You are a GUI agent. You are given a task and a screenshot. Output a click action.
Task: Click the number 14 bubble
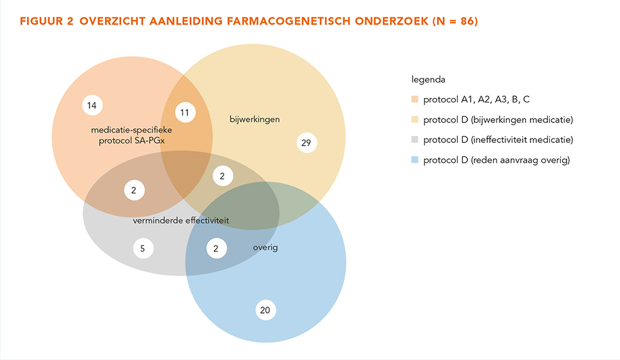click(x=92, y=105)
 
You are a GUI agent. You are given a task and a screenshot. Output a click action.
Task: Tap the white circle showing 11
click(x=185, y=112)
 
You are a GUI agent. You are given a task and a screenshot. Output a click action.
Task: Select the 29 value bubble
click(x=306, y=142)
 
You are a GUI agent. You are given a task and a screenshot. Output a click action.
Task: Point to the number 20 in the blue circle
click(x=265, y=310)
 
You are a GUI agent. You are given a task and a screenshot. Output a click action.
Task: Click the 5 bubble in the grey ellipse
click(x=143, y=249)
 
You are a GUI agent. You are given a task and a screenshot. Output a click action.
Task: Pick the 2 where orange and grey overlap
click(x=134, y=190)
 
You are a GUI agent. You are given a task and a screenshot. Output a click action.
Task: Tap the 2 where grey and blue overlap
click(x=216, y=249)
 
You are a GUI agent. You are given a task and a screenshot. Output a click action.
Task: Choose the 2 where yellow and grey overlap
click(x=223, y=176)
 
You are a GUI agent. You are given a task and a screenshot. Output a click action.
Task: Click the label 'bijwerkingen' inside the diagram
click(x=255, y=120)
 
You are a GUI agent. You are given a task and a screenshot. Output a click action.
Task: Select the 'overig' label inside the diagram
click(x=265, y=248)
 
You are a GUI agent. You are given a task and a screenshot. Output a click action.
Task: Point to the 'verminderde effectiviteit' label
click(x=181, y=220)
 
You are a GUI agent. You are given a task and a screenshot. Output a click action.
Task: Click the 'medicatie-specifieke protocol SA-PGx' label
click(x=132, y=135)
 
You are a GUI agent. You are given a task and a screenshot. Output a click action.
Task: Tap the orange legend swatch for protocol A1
click(x=415, y=99)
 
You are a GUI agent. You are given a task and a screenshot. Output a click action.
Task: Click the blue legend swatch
click(x=415, y=160)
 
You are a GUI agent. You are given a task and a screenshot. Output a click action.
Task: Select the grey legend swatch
click(x=415, y=140)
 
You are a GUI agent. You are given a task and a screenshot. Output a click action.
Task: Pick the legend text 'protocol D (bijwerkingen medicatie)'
click(x=498, y=120)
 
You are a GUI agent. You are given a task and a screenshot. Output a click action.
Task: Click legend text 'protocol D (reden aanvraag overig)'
click(x=496, y=160)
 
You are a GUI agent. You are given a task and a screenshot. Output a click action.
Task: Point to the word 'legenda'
click(x=428, y=79)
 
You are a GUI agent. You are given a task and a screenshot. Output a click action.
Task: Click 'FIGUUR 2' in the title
click(x=46, y=21)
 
